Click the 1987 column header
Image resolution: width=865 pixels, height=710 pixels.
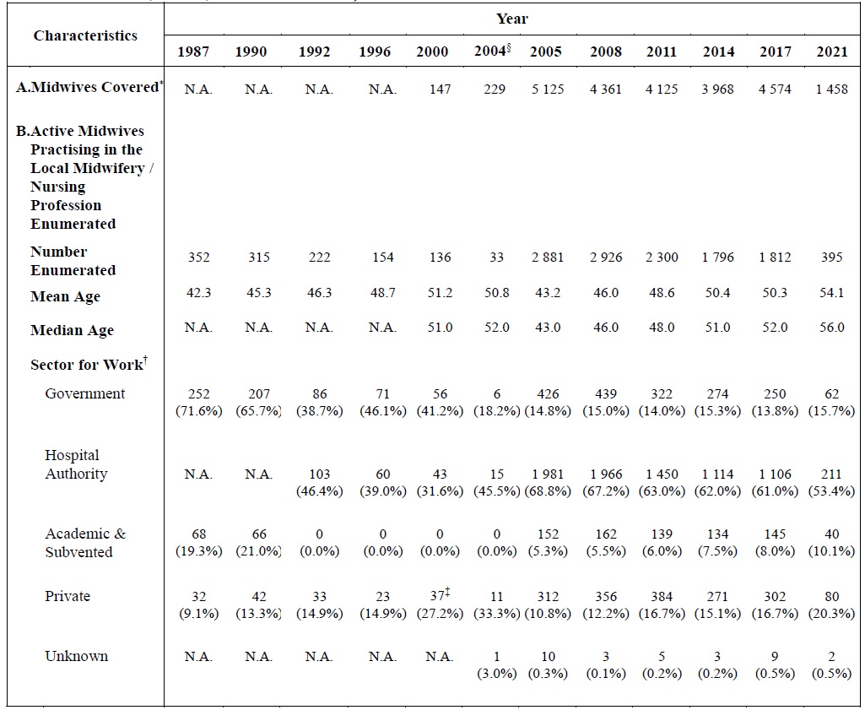(x=193, y=51)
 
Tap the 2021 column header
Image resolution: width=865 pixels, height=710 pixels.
(x=831, y=51)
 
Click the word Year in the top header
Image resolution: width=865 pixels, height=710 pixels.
(x=511, y=19)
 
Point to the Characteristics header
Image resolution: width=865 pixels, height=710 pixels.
(x=85, y=35)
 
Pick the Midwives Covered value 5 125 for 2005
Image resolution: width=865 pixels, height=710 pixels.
(x=546, y=89)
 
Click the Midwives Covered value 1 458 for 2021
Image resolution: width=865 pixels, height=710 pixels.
(x=831, y=89)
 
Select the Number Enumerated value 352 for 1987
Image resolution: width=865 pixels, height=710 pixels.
(x=198, y=257)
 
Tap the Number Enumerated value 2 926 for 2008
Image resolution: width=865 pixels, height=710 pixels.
(x=605, y=257)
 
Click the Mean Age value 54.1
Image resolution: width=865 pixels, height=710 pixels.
(x=831, y=293)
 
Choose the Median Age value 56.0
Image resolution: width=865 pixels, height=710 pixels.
(x=831, y=328)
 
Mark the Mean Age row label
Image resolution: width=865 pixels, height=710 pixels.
(x=65, y=296)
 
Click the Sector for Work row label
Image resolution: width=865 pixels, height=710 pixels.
(x=88, y=365)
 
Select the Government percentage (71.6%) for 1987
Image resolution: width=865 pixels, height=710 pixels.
(x=198, y=410)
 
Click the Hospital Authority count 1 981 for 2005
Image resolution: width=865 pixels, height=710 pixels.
(x=546, y=474)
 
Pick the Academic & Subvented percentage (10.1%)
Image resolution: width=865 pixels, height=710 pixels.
(x=831, y=551)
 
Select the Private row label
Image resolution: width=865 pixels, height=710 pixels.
(x=68, y=596)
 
